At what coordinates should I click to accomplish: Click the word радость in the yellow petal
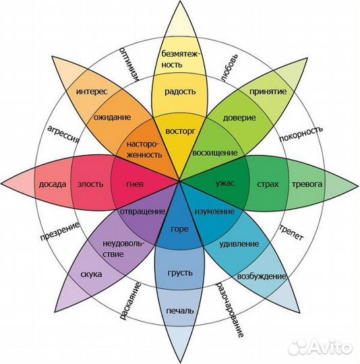180,91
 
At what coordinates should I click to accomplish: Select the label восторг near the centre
181,131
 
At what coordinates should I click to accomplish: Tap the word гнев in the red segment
135,184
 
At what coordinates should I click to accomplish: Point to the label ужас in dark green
225,183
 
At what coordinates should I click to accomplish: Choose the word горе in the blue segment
179,229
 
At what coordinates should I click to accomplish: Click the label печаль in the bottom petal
179,310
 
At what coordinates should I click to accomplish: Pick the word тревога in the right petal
307,184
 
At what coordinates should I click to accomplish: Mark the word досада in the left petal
53,184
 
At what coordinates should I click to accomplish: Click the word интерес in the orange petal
92,92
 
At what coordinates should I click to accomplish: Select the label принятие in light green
268,92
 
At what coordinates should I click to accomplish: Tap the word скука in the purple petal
91,274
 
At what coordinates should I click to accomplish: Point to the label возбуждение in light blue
262,276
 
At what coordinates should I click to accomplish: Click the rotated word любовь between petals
229,68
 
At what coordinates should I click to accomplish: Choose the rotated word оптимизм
129,64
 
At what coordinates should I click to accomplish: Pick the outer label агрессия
63,134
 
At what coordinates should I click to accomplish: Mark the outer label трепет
291,233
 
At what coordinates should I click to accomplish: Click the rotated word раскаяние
130,301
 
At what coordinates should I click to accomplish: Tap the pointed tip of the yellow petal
180,1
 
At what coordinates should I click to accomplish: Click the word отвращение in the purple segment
143,212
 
